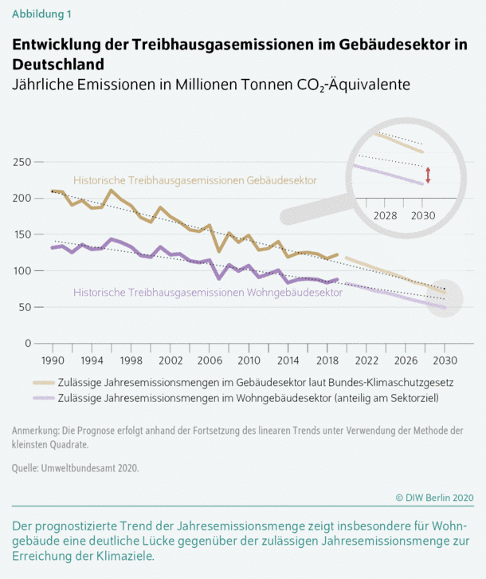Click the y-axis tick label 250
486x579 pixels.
coord(22,162)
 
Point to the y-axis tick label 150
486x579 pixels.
coord(22,234)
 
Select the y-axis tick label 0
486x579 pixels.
coord(28,344)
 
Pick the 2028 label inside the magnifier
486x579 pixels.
coord(385,216)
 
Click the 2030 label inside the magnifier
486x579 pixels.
coord(421,216)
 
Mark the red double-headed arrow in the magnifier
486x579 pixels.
coord(428,175)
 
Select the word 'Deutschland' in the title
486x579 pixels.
coord(58,62)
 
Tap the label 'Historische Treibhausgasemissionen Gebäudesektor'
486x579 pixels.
coord(194,181)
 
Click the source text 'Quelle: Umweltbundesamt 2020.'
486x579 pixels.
coord(76,468)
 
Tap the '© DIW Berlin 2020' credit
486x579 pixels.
coord(434,498)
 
